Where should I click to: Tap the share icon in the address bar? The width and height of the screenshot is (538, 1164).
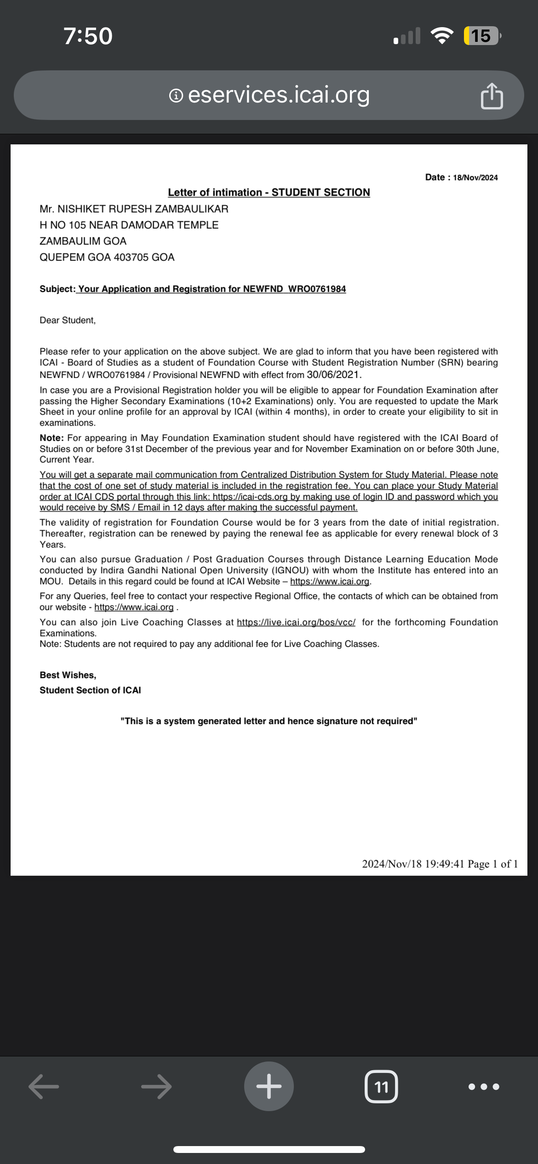pos(492,96)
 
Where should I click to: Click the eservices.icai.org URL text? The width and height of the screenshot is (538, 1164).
pos(279,95)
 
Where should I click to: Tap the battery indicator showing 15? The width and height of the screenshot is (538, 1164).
pos(481,36)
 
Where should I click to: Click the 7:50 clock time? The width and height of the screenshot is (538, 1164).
pos(88,36)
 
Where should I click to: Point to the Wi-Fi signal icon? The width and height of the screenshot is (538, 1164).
pos(441,36)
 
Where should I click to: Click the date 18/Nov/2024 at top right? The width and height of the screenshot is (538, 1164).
pos(475,178)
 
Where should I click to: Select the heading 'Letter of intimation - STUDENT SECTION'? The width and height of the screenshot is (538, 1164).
pos(269,193)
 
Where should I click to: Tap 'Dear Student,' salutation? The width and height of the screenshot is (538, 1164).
pos(68,320)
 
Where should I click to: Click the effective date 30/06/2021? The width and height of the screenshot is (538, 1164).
pos(332,375)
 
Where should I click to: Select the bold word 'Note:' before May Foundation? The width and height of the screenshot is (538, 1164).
pos(52,438)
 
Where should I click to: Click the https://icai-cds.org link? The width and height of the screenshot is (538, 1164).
pos(250,497)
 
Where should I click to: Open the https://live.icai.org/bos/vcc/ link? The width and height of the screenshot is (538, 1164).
pos(296,622)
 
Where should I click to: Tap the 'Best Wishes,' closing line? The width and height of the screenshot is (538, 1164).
pos(68,675)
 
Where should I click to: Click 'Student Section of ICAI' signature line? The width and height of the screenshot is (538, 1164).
pos(90,690)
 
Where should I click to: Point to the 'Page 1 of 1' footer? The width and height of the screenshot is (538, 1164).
pos(492,864)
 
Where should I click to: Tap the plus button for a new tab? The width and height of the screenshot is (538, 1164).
pos(269,1087)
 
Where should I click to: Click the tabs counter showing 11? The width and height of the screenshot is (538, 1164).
pos(381,1087)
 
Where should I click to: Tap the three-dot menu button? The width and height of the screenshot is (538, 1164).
pos(484,1087)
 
